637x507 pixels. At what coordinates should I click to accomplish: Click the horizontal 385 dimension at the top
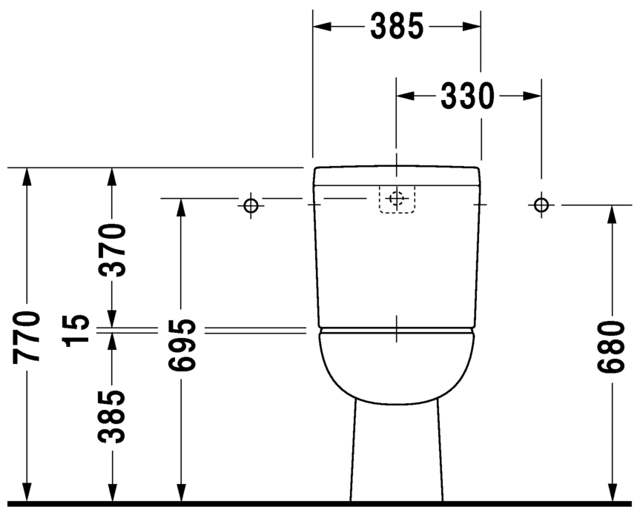[397, 27]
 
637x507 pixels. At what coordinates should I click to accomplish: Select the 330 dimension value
[467, 96]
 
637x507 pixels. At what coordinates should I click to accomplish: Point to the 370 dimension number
[112, 250]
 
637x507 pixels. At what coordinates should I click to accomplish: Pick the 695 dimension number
[180, 345]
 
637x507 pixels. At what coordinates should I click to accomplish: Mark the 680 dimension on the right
[612, 348]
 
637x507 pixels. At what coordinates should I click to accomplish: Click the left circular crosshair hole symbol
[251, 205]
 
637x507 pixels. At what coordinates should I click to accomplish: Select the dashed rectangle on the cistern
[397, 199]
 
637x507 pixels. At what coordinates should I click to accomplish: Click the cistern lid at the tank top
[397, 176]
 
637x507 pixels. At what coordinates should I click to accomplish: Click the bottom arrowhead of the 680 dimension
[612, 493]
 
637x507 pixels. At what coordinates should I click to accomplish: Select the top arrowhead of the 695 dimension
[180, 207]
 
